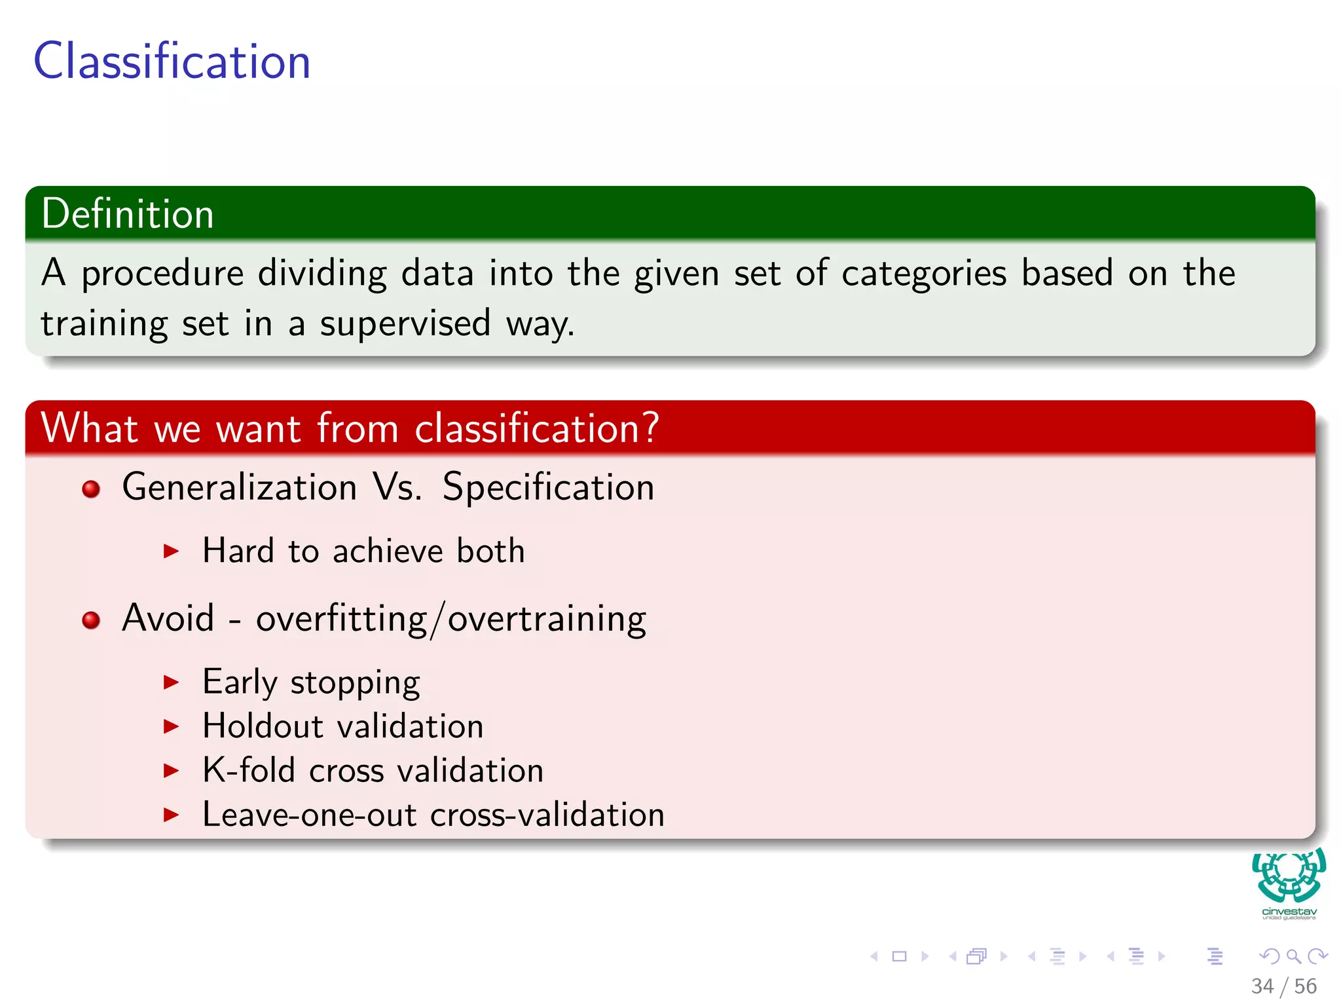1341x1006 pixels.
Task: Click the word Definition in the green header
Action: pos(128,214)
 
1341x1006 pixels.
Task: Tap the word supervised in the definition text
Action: pos(405,324)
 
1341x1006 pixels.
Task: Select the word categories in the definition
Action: pos(924,274)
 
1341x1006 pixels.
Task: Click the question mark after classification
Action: pos(650,428)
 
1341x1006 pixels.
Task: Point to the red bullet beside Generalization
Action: pos(91,489)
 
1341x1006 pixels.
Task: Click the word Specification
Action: pos(548,487)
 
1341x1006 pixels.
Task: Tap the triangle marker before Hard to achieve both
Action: pos(172,551)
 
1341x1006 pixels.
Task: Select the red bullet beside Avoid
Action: pos(91,620)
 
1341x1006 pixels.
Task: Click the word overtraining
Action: pos(547,619)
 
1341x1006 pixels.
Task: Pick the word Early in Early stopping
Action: pos(240,682)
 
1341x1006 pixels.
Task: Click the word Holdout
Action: pos(263,726)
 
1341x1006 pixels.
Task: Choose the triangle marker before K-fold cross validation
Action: pos(172,770)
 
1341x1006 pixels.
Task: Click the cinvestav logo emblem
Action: pos(1289,876)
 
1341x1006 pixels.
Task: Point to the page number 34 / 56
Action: pos(1283,986)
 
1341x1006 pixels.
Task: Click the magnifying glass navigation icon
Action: pos(1293,957)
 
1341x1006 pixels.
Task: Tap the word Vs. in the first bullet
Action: pos(397,487)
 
